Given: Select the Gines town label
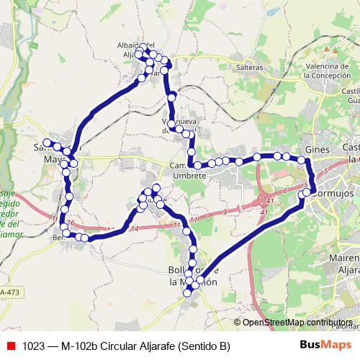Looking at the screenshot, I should pos(317,148).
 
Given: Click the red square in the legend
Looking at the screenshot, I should pos(9,346).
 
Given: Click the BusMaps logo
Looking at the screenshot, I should pos(325,345).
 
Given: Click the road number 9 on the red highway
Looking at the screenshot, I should pos(225,211).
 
